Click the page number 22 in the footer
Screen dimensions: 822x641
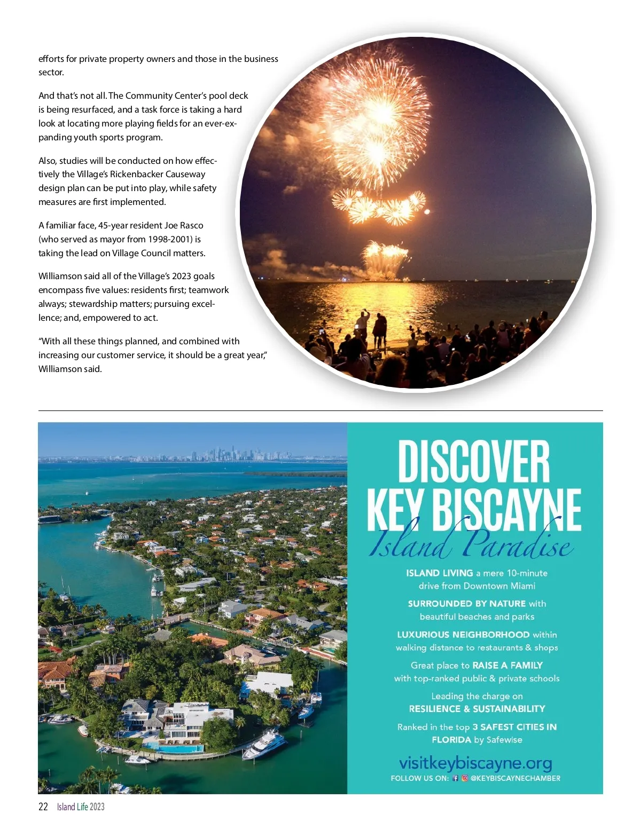pos(43,807)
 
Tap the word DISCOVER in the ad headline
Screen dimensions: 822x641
pos(474,462)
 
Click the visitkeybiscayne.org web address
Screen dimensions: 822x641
pos(475,763)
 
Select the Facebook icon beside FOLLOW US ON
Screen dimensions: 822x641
pos(456,778)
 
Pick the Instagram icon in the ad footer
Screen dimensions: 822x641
pos(465,778)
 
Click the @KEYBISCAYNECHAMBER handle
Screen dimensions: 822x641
pos(515,778)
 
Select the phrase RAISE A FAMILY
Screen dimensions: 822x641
pos(507,665)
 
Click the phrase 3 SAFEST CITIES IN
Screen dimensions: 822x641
pos(514,727)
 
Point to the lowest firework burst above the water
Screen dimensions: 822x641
pos(385,256)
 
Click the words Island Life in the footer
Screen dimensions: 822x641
pos(73,807)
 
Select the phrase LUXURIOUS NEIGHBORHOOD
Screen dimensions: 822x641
pos(463,635)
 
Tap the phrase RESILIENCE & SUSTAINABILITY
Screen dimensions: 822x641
pos(477,709)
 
